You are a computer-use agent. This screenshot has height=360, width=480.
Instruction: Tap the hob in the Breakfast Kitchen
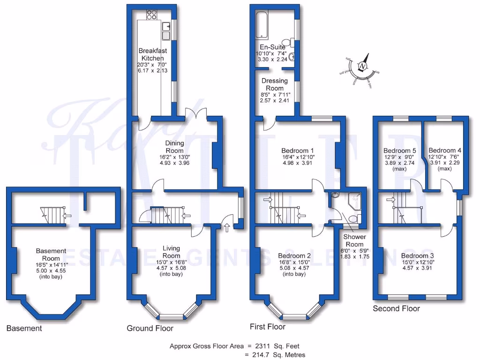click(152, 15)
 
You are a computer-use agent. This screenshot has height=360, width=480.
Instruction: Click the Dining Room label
click(174, 147)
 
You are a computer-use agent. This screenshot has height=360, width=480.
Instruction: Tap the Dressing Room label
click(274, 84)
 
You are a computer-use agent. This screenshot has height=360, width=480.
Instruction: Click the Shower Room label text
click(354, 240)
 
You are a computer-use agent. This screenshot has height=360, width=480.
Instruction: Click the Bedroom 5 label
click(400, 150)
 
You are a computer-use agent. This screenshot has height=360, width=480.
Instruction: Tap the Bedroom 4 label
click(444, 150)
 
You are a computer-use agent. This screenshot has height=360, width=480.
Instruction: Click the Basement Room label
click(51, 255)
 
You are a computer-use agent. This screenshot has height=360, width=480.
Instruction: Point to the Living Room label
click(171, 252)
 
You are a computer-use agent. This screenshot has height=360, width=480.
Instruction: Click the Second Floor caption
click(396, 308)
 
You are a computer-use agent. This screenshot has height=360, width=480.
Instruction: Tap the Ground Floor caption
click(150, 328)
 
